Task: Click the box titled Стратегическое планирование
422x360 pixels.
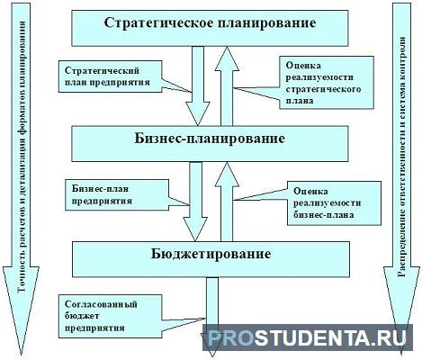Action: point(210,28)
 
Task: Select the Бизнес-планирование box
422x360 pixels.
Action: point(210,143)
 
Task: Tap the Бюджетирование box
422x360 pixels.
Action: point(211,259)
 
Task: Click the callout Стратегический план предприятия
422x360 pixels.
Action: point(110,76)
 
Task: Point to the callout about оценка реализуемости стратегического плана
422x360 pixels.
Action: point(327,83)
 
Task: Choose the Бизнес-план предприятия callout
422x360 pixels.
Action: point(117,194)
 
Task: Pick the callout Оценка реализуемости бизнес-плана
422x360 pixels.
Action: point(334,203)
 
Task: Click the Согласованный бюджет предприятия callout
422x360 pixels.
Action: point(110,316)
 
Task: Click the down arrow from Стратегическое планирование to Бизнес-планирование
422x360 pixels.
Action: point(198,85)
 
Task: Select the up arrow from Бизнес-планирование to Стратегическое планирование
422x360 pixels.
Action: point(227,86)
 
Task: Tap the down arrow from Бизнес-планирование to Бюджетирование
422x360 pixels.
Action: point(195,202)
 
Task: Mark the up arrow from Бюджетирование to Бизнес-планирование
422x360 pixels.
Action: point(227,202)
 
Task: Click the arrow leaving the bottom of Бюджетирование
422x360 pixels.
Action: point(212,317)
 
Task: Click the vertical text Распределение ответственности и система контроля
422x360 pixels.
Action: point(402,157)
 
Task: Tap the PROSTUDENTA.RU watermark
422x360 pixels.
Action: point(307,337)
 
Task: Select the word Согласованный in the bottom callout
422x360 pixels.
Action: point(101,304)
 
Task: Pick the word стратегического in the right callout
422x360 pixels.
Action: point(323,89)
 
